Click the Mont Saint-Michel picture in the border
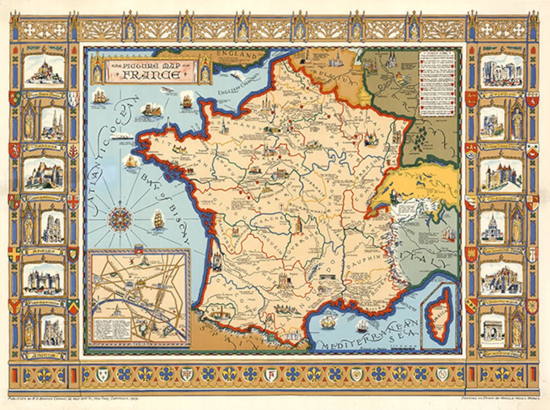click(44, 71)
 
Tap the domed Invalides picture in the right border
click(493, 227)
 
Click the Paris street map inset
click(139, 298)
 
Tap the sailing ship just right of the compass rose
click(158, 219)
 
